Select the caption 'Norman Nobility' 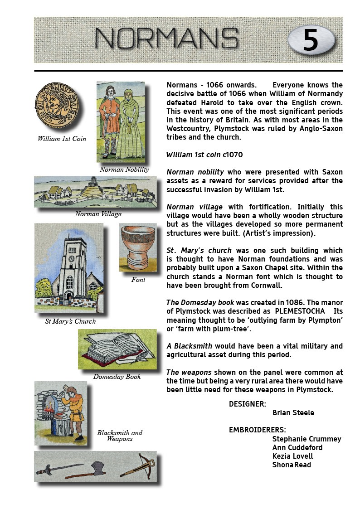coord(124,170)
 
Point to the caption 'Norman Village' coord(98,214)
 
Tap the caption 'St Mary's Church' coord(70,321)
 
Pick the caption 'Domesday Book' coord(117,377)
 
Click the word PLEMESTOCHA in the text coord(300,312)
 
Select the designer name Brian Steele coord(293,412)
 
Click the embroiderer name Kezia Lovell coord(292,456)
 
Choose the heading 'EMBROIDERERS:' coord(257,430)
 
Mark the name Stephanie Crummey coord(306,439)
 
